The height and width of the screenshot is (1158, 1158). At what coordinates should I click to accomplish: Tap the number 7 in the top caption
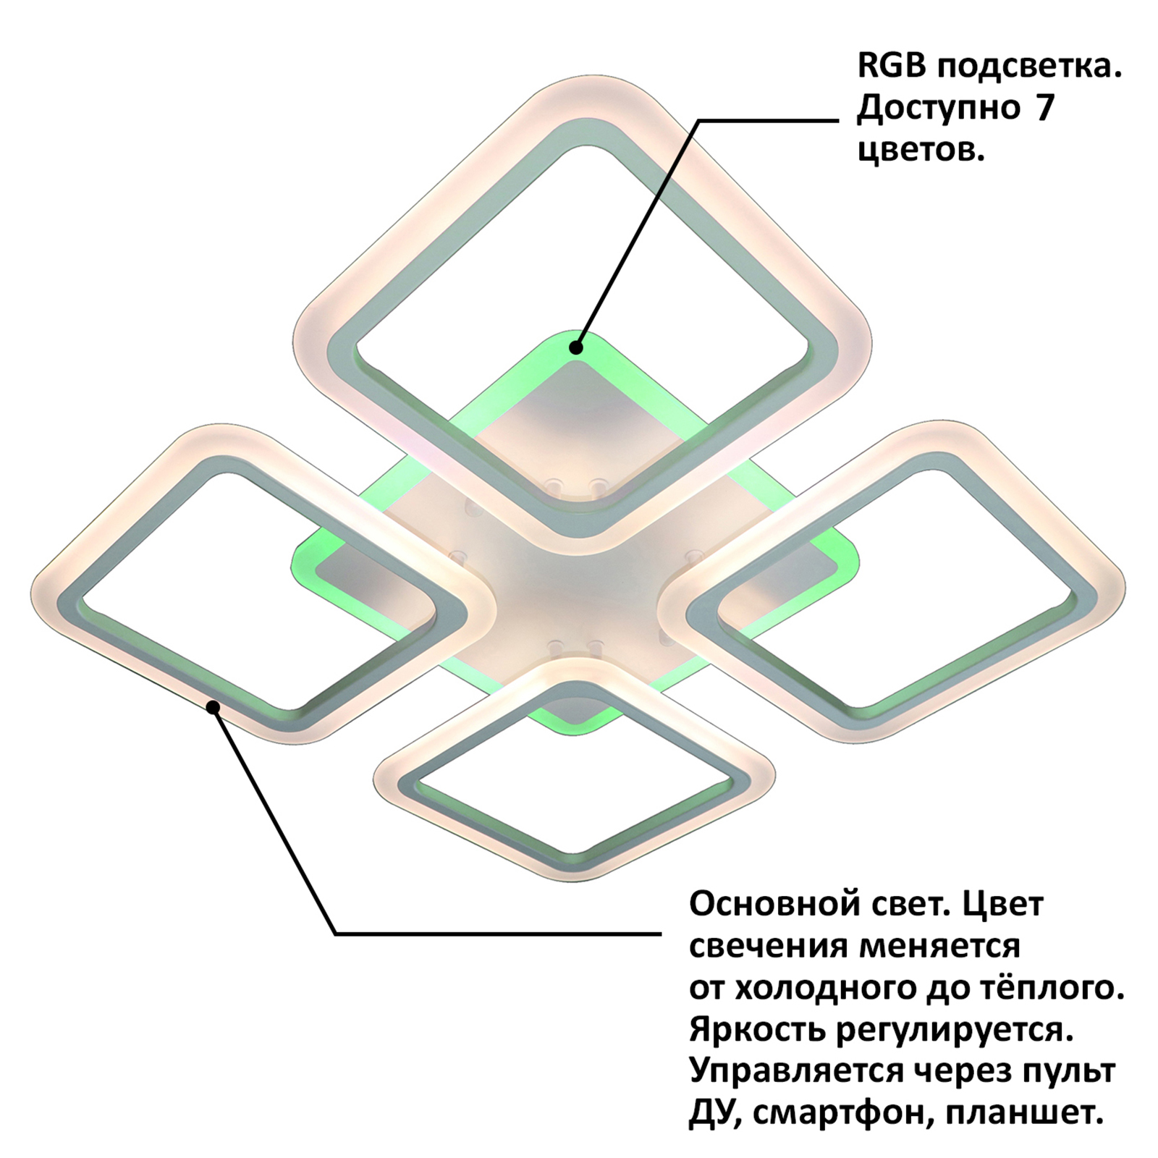point(1046,109)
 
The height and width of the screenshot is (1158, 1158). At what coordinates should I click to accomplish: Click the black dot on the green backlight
point(576,347)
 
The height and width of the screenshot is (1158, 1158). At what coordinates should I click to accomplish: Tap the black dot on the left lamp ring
point(213,707)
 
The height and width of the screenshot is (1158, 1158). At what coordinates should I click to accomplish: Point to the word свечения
point(768,947)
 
